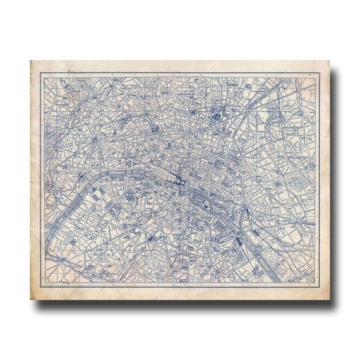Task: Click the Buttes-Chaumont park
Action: point(274,116)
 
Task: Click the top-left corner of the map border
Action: point(41,73)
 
